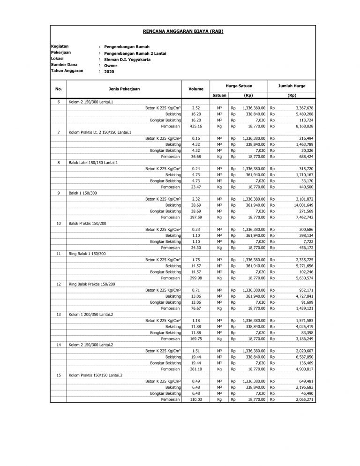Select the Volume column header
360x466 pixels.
point(196,88)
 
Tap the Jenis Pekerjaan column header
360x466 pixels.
point(124,88)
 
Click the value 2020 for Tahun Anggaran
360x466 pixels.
point(109,72)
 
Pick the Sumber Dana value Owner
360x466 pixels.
point(111,66)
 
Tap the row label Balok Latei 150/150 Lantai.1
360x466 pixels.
point(93,162)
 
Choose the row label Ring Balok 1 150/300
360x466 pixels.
point(89,253)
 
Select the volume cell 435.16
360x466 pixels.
point(196,126)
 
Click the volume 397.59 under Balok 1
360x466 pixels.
point(196,217)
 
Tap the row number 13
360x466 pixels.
point(59,314)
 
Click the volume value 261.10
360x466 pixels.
point(196,369)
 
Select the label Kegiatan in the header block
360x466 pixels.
point(60,47)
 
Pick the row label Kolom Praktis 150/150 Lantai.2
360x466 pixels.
point(95,375)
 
